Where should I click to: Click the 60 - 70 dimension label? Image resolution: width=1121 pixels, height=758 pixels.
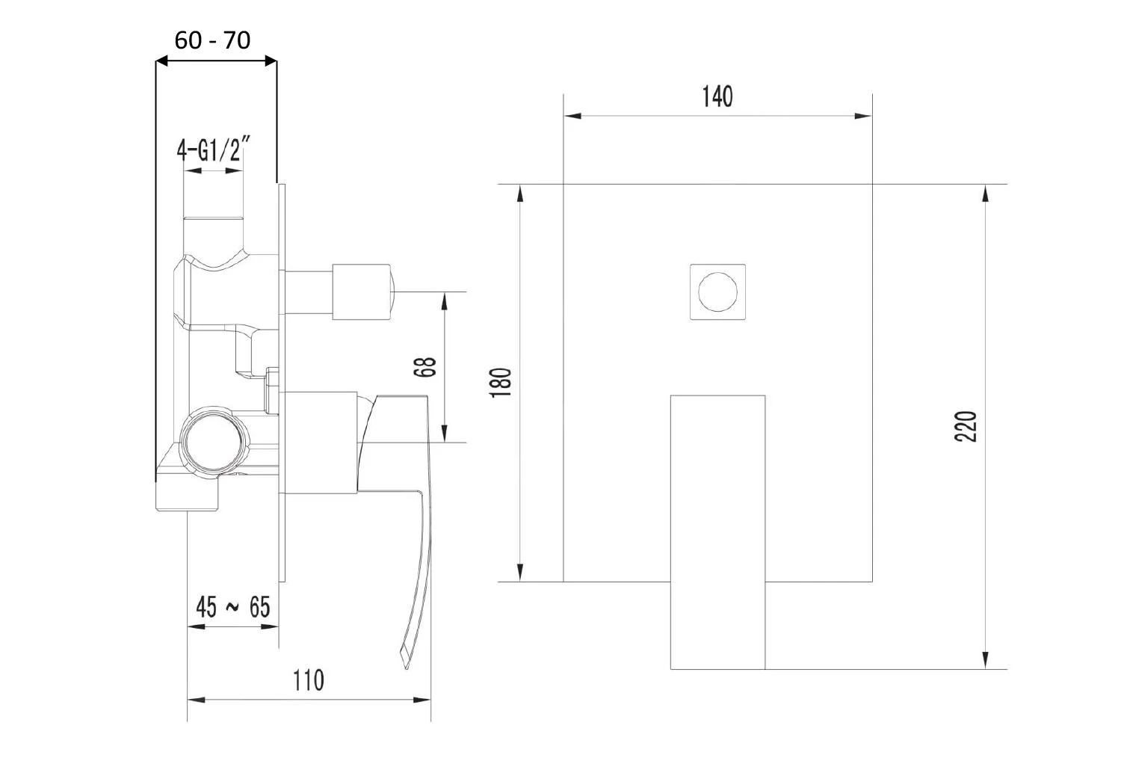(212, 40)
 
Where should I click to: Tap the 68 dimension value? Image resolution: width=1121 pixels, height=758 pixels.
(424, 367)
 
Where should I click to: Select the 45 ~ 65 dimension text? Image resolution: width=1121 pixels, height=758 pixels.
(232, 606)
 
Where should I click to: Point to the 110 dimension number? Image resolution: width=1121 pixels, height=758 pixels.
(308, 680)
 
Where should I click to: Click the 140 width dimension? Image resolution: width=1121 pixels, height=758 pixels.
(717, 96)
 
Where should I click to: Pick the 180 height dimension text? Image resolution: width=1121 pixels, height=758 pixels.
(501, 382)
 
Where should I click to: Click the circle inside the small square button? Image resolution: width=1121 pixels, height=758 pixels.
(717, 292)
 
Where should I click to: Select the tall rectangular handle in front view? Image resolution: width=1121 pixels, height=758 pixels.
(717, 531)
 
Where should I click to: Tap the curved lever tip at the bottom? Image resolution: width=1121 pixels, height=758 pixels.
(406, 658)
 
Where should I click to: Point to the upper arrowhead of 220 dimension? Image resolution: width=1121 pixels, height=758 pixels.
(986, 193)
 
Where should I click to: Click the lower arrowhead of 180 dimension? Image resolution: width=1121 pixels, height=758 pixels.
(520, 572)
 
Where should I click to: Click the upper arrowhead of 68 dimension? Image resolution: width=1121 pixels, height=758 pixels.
(445, 301)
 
